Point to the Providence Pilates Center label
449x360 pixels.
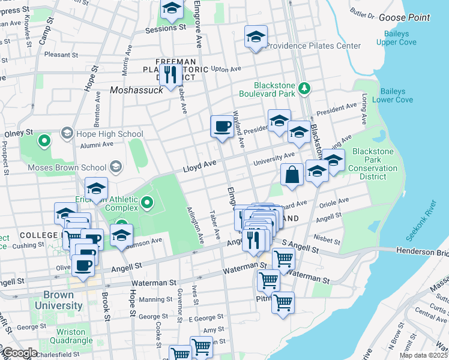pyautogui.click(x=313, y=46)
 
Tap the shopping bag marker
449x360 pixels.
pyautogui.click(x=292, y=175)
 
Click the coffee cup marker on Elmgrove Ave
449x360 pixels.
pyautogui.click(x=222, y=127)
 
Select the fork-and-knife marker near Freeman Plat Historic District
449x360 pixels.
pyautogui.click(x=172, y=75)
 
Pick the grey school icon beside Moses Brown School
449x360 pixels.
pyautogui.click(x=116, y=166)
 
